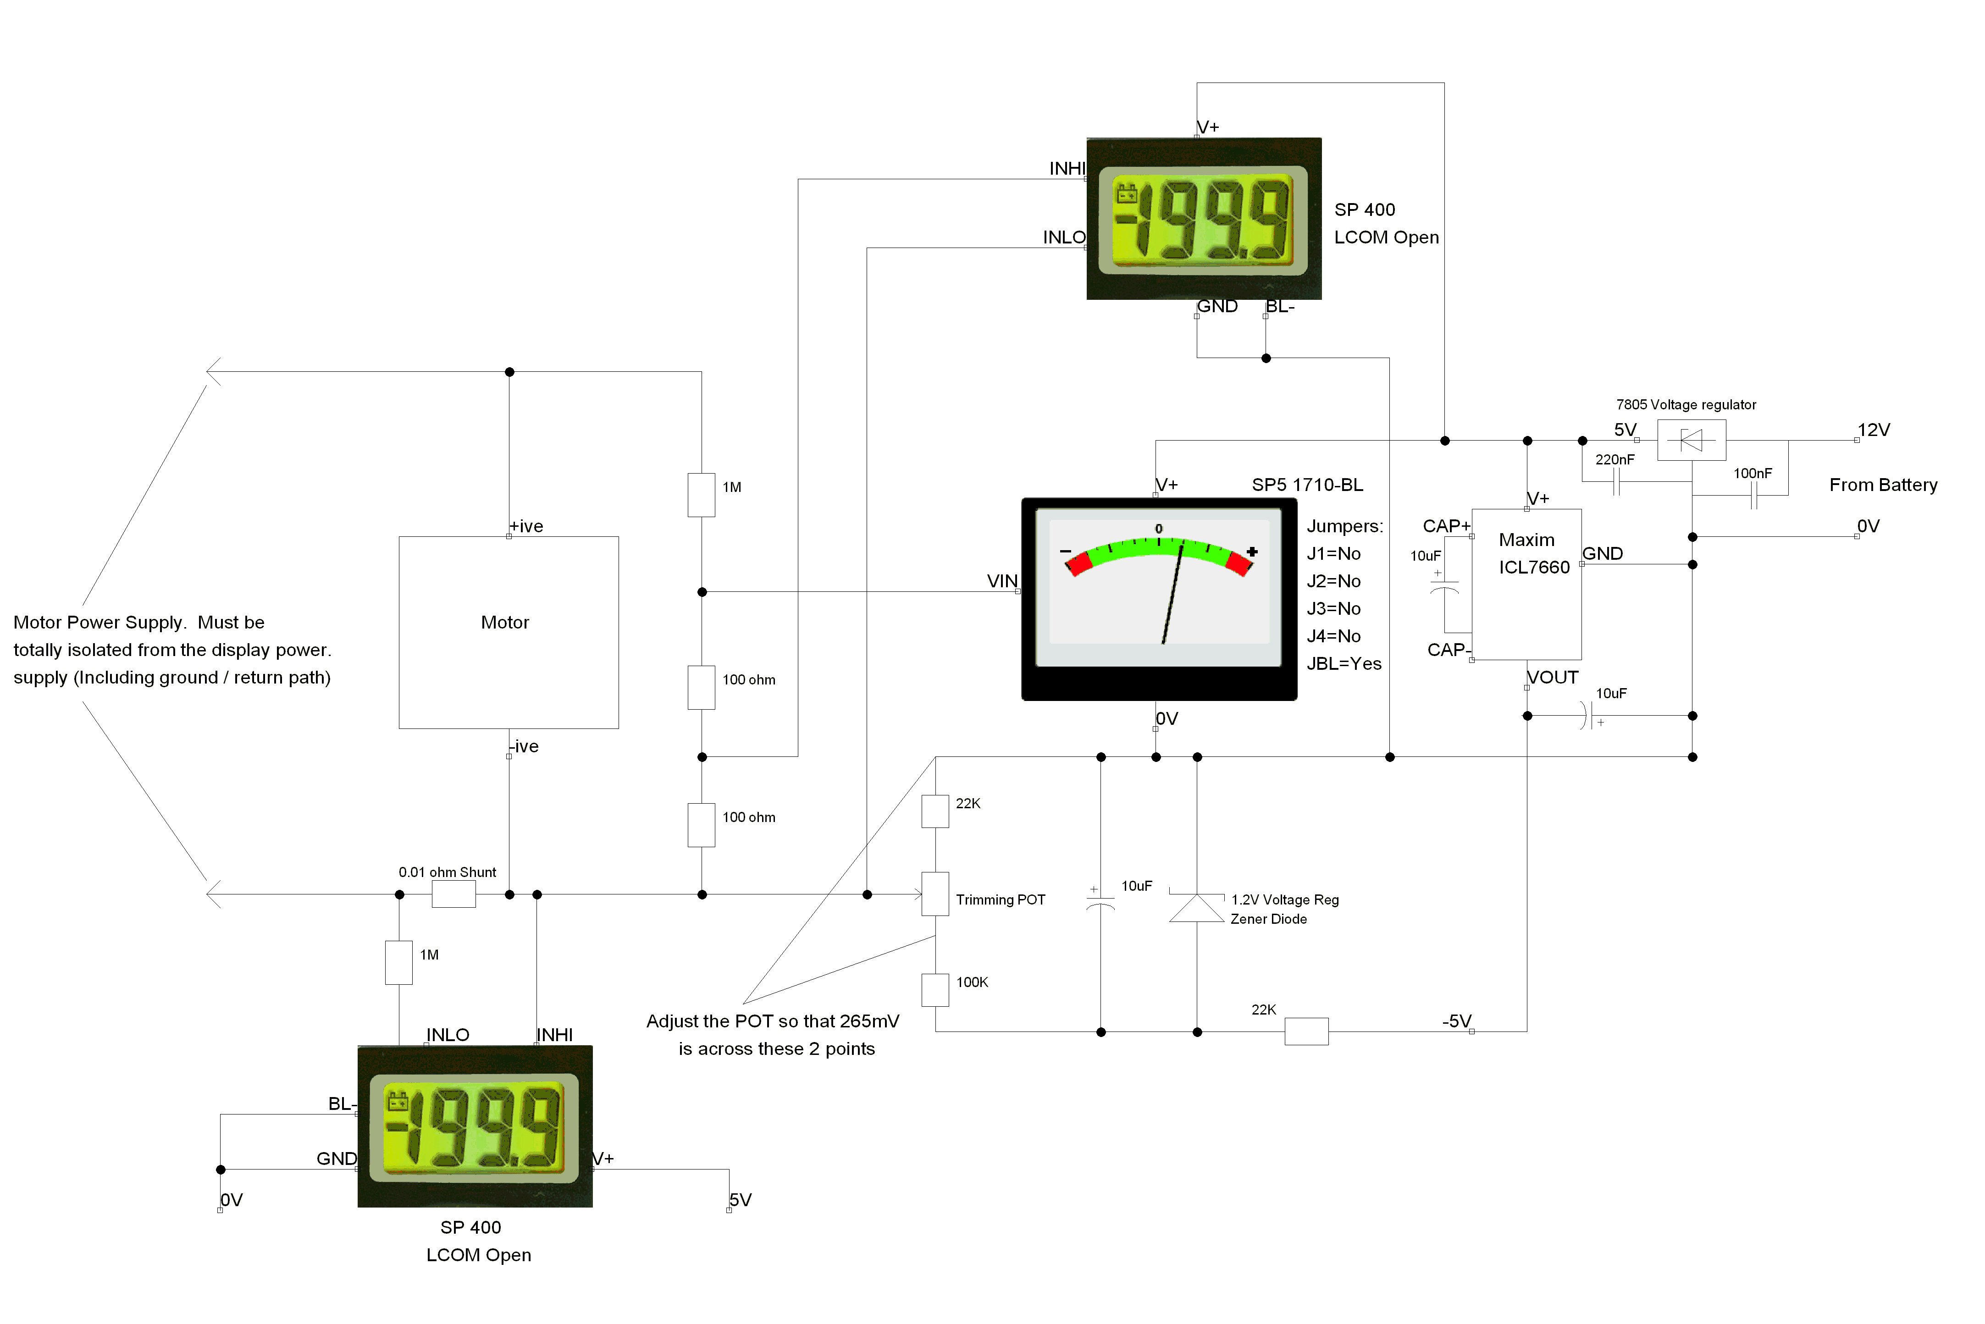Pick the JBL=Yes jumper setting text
1344,664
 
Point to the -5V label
1456,1021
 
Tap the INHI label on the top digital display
1067,169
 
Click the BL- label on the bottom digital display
342,1103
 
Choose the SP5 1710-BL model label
1307,485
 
